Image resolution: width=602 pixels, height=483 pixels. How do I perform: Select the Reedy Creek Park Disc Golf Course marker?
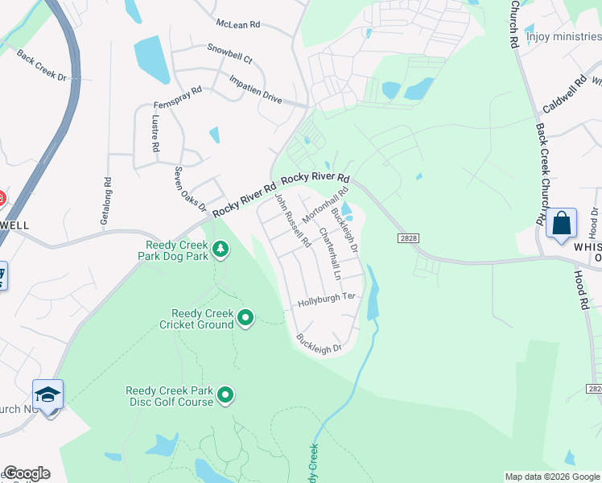[x=226, y=394]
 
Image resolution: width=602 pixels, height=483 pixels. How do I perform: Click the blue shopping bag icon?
[x=561, y=223]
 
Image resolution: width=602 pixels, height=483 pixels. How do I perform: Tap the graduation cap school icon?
[x=47, y=395]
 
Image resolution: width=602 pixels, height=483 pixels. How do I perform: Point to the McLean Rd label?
[x=238, y=25]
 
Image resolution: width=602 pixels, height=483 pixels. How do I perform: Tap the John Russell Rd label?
[x=292, y=219]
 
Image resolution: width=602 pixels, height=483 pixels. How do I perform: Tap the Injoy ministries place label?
[x=563, y=36]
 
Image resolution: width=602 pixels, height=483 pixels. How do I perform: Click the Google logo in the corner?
[x=27, y=473]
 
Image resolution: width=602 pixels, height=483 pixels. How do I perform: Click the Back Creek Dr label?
[x=41, y=64]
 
